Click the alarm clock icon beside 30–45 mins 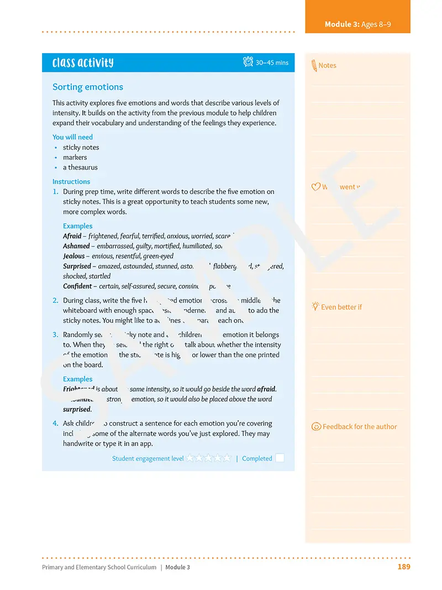(248, 62)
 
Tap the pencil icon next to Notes (314, 65)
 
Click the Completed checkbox (280, 458)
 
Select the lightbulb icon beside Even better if (315, 306)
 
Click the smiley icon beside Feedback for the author (316, 426)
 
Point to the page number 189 (404, 567)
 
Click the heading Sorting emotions (88, 87)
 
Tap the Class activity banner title (83, 62)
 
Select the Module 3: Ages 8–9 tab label (357, 24)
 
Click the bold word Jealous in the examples (73, 256)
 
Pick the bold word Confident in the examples (77, 286)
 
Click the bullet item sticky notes (81, 147)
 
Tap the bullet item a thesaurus (80, 167)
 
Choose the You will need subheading (72, 137)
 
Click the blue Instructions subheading (71, 181)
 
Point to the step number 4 (55, 424)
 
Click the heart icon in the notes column (316, 187)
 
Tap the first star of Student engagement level (190, 458)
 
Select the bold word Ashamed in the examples (76, 246)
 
